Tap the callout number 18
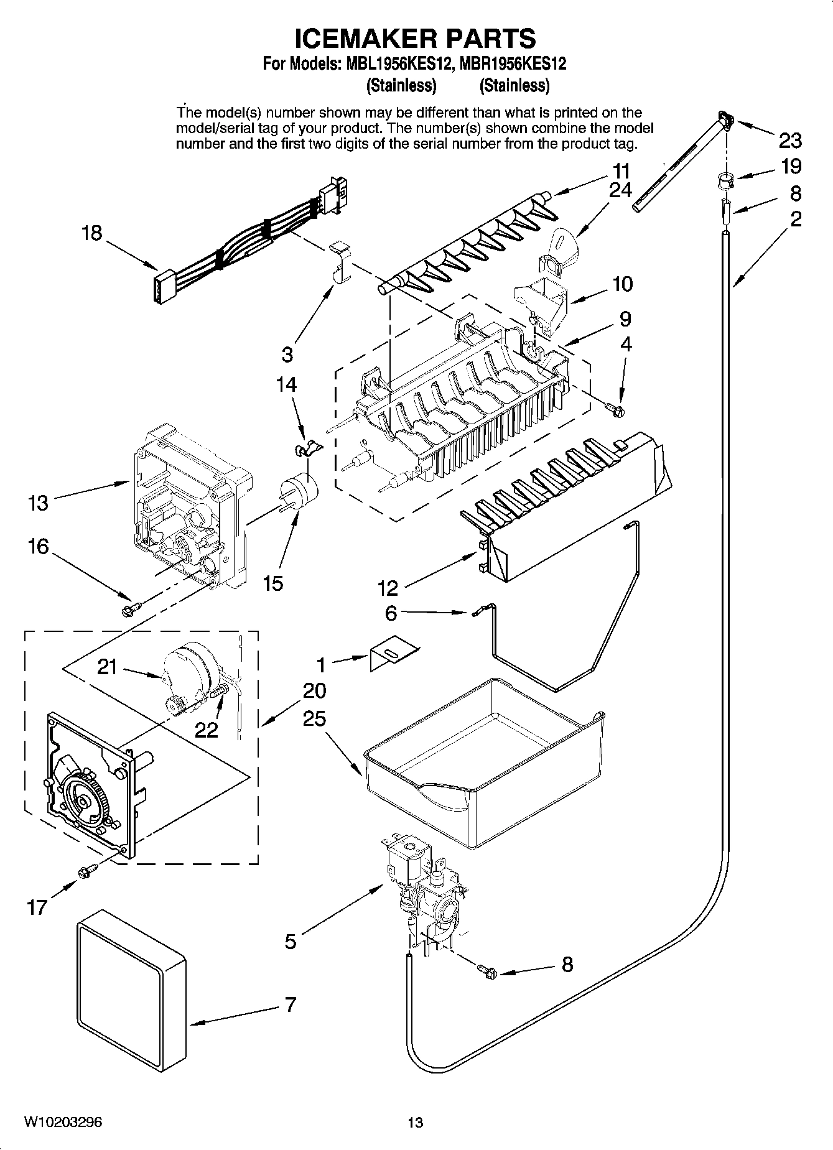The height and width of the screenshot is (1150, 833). click(x=92, y=233)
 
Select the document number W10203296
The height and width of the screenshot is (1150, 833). click(x=63, y=1122)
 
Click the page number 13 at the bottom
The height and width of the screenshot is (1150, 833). click(x=415, y=1122)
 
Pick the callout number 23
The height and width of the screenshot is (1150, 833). click(x=790, y=141)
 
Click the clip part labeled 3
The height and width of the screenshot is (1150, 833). click(x=338, y=261)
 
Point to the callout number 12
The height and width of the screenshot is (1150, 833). click(x=387, y=587)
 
